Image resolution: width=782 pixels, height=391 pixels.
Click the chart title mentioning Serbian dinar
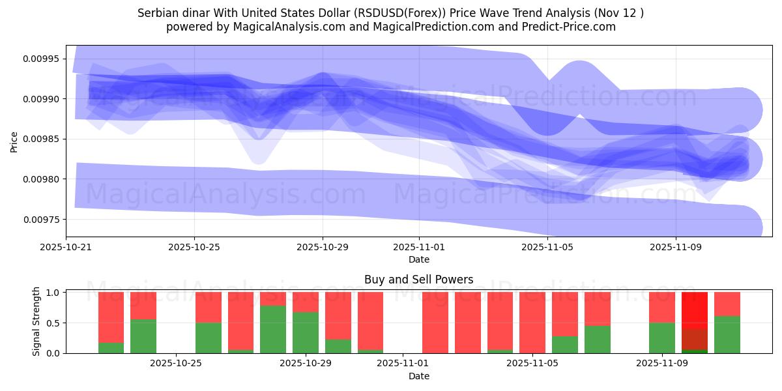(x=390, y=13)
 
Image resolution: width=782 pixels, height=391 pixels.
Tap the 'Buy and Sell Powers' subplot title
(x=418, y=280)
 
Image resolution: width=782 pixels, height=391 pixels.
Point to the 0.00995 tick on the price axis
(x=40, y=59)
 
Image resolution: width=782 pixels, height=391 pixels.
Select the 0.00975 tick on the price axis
(x=40, y=220)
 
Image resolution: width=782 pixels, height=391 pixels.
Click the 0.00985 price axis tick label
(x=40, y=139)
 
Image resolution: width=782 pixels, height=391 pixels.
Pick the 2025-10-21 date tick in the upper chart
(x=66, y=248)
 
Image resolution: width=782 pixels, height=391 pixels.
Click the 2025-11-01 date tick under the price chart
(x=419, y=248)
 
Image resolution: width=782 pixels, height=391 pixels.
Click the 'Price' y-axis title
(x=14, y=141)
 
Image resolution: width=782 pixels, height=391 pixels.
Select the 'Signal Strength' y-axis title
(x=36, y=321)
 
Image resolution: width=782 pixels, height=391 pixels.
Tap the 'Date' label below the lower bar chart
(x=418, y=376)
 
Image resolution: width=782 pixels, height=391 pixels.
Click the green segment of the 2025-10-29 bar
(x=306, y=332)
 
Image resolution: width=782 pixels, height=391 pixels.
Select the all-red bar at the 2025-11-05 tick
(x=532, y=323)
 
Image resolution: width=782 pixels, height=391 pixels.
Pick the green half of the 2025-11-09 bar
(x=662, y=338)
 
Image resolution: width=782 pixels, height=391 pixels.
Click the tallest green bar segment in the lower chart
(x=273, y=329)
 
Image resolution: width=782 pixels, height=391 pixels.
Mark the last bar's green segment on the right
(x=727, y=334)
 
